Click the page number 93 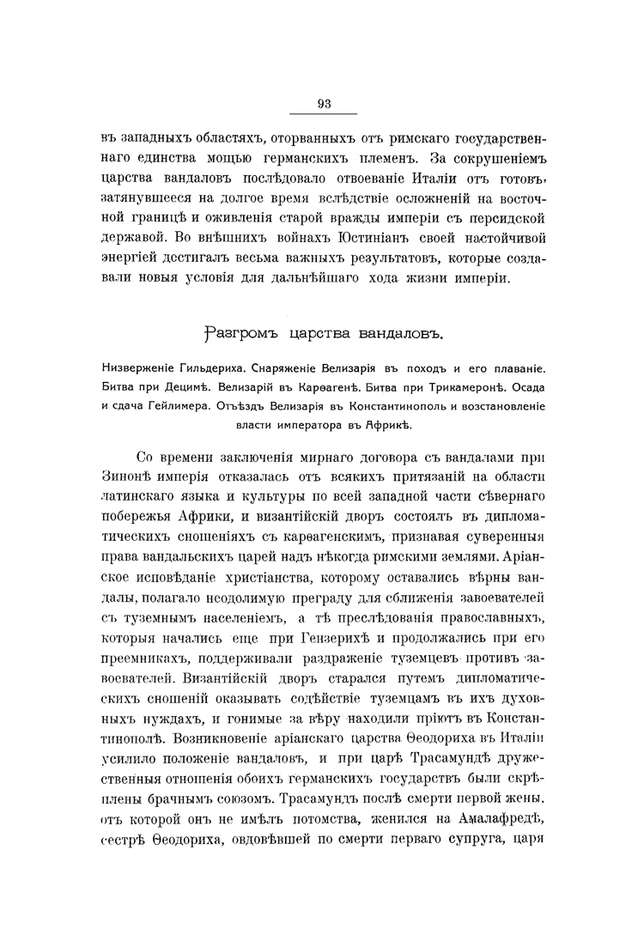click(x=324, y=104)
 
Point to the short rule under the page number click(x=324, y=114)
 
